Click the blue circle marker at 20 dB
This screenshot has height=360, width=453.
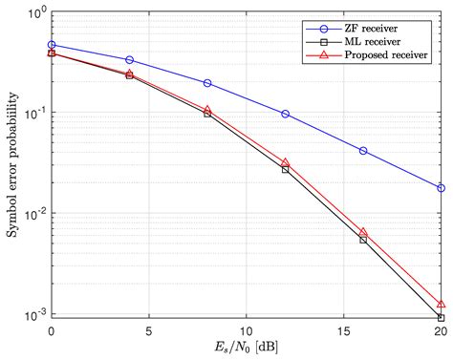441,188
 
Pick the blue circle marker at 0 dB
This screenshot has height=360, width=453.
52,45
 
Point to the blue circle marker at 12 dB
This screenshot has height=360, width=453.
285,114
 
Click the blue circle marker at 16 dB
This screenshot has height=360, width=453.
363,151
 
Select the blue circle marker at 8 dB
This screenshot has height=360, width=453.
207,83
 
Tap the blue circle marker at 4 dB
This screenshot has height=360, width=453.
130,60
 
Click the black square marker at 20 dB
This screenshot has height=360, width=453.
441,317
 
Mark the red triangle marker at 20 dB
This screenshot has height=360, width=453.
441,304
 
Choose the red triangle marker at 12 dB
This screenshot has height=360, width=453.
285,162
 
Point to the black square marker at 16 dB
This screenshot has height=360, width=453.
363,240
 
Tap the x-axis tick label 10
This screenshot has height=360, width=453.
246,331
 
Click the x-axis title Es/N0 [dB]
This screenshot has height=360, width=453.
246,349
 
